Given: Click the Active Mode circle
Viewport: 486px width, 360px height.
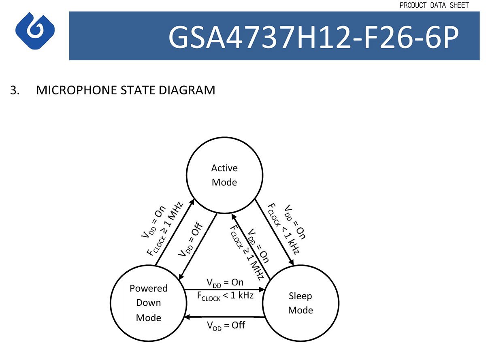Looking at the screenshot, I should coord(224,175).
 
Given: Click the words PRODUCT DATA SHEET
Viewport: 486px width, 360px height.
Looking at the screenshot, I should coord(434,5).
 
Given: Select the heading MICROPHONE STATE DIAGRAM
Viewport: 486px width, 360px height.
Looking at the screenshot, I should coord(126,90).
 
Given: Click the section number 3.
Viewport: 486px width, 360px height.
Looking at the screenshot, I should coord(15,90).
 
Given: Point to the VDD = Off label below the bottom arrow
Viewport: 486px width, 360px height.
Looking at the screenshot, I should coord(226,325).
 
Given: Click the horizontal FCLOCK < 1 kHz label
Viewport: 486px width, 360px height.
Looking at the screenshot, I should coord(225,296).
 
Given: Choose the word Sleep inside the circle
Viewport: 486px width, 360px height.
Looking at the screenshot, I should coord(300,296).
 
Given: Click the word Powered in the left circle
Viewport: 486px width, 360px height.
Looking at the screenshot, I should coord(148,288).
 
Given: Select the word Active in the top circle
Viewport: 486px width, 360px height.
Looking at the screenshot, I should coord(224,168).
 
